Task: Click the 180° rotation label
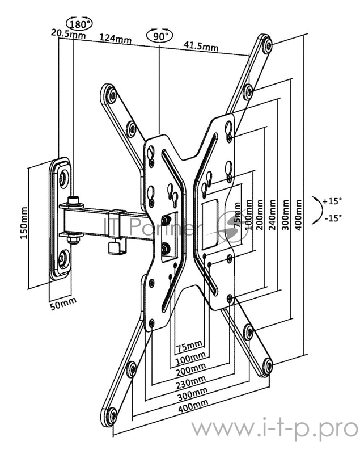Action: click(79, 24)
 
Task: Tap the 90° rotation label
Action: click(160, 36)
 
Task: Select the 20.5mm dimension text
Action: click(68, 33)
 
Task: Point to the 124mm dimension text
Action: click(116, 38)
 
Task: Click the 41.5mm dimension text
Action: click(201, 46)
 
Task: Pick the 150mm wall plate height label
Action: click(24, 222)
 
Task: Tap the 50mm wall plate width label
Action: click(63, 304)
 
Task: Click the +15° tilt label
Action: click(333, 201)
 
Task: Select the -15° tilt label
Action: click(333, 218)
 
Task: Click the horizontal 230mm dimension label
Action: click(191, 382)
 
